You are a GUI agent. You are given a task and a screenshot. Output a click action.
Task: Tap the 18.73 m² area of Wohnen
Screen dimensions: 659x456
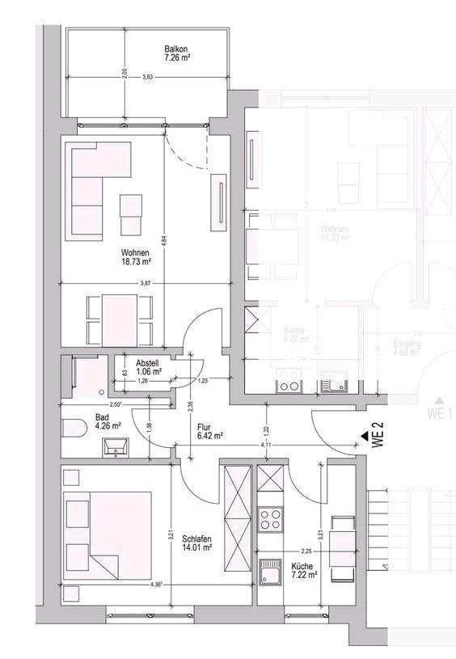click(x=137, y=262)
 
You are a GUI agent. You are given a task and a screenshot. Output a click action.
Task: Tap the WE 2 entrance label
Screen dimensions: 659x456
click(x=376, y=437)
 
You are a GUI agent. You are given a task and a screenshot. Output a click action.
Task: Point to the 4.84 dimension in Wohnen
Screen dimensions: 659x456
click(x=163, y=239)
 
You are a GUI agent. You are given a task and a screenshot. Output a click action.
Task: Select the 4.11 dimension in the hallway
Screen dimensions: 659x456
click(x=266, y=445)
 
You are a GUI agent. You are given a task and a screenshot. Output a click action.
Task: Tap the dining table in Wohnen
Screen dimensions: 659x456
click(x=119, y=319)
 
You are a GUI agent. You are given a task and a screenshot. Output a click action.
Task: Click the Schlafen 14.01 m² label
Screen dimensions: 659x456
click(x=196, y=542)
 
